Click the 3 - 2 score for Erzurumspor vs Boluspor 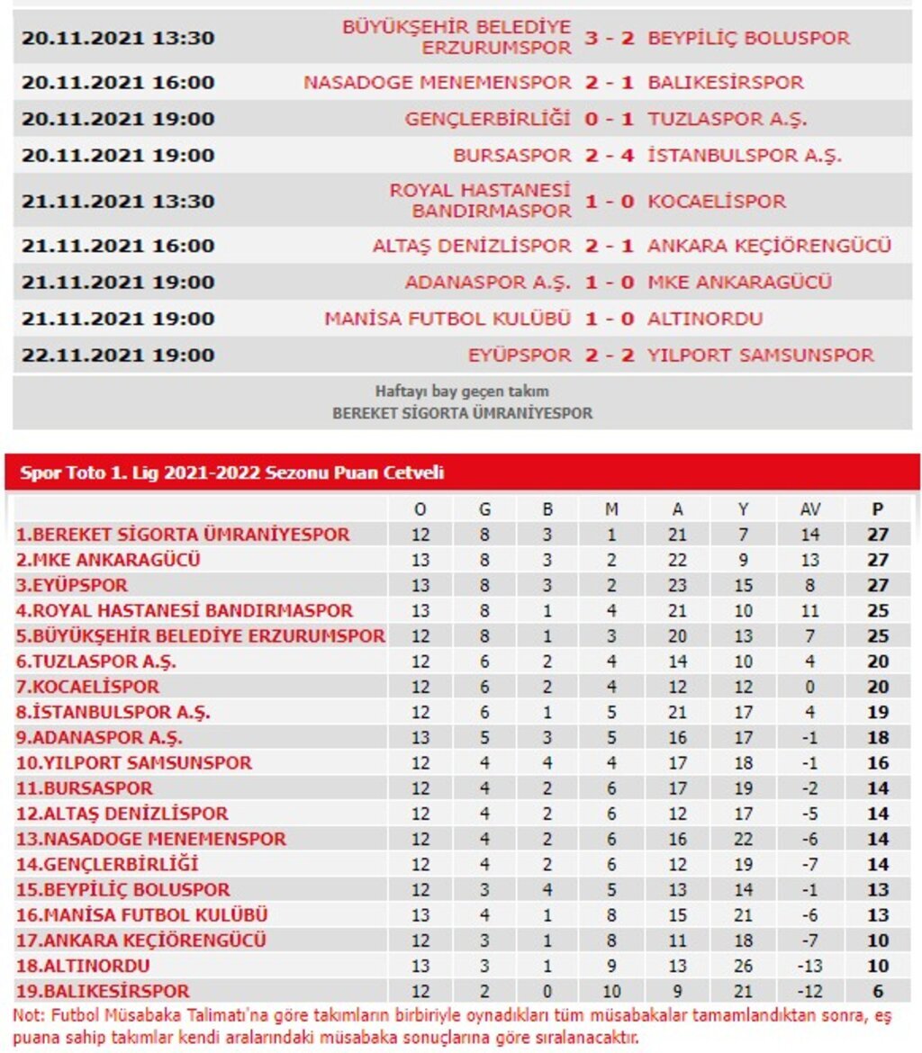(x=610, y=39)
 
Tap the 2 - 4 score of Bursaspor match (x=610, y=156)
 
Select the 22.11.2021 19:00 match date (x=118, y=355)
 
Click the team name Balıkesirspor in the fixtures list (x=725, y=83)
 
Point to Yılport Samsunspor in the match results (x=761, y=355)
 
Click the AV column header (x=809, y=509)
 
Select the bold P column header (x=878, y=509)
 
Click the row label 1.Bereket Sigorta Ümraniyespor (x=183, y=535)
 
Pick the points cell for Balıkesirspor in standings (x=878, y=992)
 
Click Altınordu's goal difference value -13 (x=809, y=967)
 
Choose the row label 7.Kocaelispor (x=87, y=687)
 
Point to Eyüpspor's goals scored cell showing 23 (x=677, y=585)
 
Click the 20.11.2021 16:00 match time (x=118, y=83)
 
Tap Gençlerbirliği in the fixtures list (x=488, y=119)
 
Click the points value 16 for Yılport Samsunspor (x=878, y=763)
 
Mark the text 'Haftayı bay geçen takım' (x=462, y=391)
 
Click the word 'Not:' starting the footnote (x=28, y=1015)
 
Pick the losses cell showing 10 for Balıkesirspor (x=611, y=992)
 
